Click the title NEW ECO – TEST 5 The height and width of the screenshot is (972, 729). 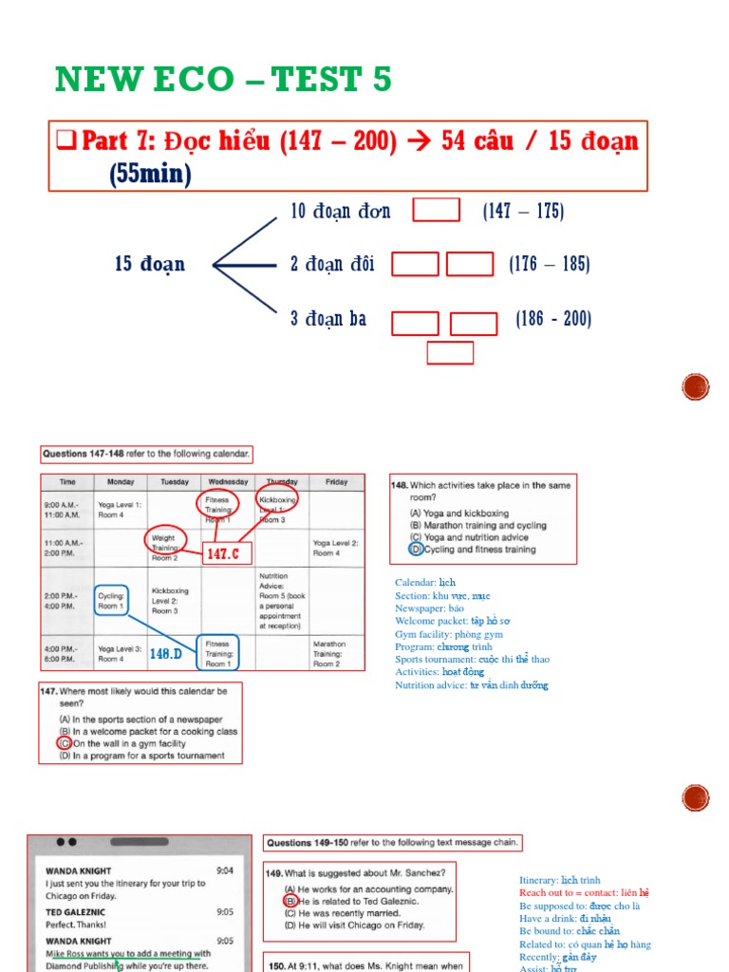pyautogui.click(x=223, y=80)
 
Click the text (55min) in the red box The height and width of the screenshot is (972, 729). pyautogui.click(x=150, y=174)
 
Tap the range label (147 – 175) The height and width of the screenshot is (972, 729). pyautogui.click(x=523, y=211)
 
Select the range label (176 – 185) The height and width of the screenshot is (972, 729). pyautogui.click(x=549, y=264)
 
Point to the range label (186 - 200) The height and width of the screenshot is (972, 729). pyautogui.click(x=553, y=319)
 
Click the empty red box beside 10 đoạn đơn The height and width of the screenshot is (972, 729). pyautogui.click(x=436, y=210)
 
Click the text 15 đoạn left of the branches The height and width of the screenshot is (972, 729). pyautogui.click(x=150, y=264)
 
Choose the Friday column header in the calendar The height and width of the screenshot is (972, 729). pyautogui.click(x=336, y=481)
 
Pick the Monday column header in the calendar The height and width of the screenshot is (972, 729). pyautogui.click(x=121, y=481)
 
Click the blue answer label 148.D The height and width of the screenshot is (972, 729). pyautogui.click(x=166, y=653)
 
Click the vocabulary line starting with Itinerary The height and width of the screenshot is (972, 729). pyautogui.click(x=559, y=880)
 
